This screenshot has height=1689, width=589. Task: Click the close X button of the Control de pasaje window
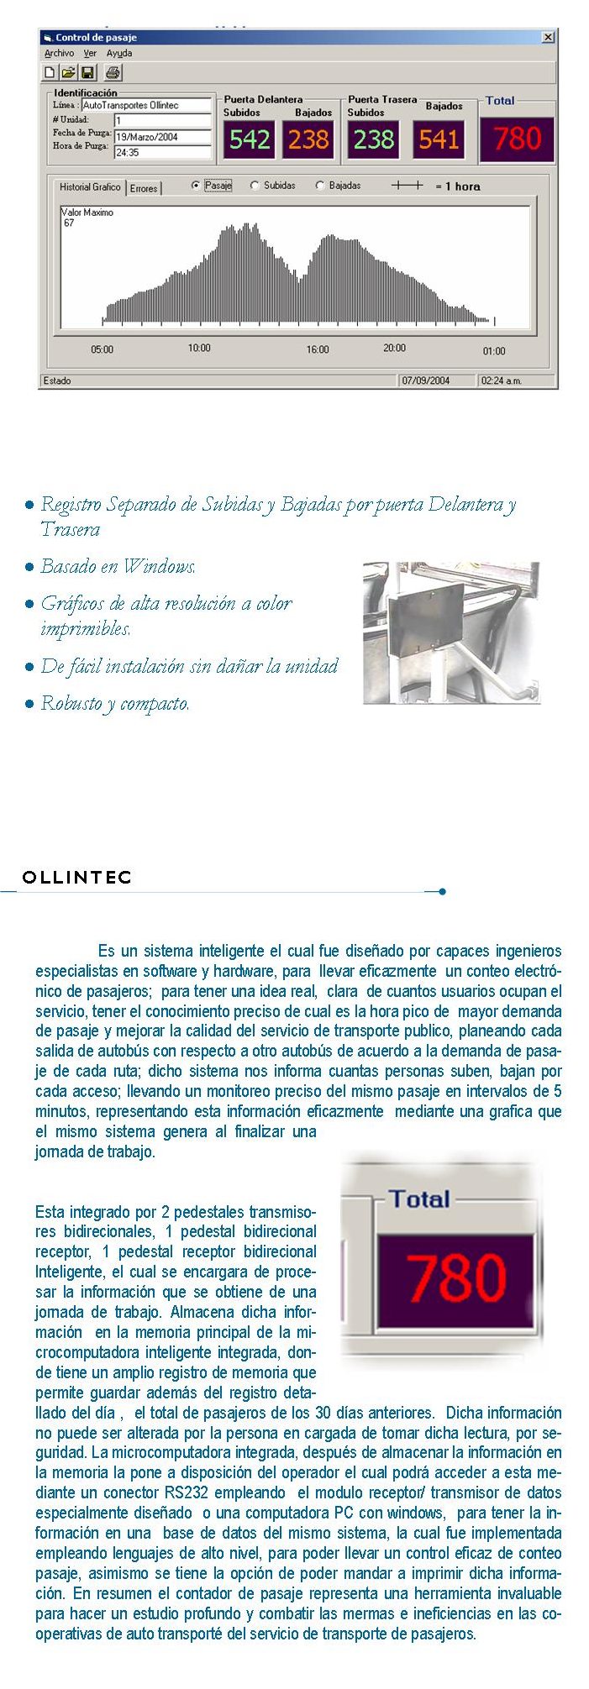[548, 38]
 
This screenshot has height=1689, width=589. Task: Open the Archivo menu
[59, 54]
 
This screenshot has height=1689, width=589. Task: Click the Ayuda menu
[119, 54]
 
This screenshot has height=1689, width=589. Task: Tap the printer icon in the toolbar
[113, 73]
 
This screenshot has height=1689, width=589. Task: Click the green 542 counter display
[250, 139]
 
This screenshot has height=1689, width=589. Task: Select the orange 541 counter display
[439, 139]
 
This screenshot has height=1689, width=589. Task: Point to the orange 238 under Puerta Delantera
[308, 139]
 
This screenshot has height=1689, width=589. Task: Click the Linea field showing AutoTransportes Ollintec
[147, 106]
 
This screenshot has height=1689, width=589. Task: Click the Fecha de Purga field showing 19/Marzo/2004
[162, 137]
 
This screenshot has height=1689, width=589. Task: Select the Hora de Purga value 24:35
[162, 153]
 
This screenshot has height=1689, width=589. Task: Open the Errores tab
[144, 188]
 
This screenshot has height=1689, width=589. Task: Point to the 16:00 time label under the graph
[318, 349]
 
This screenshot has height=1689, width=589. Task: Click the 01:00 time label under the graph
[494, 351]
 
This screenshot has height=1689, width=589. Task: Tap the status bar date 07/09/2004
[426, 380]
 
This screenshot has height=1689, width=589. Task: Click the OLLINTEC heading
[77, 878]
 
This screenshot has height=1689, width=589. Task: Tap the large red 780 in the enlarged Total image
[456, 1279]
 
